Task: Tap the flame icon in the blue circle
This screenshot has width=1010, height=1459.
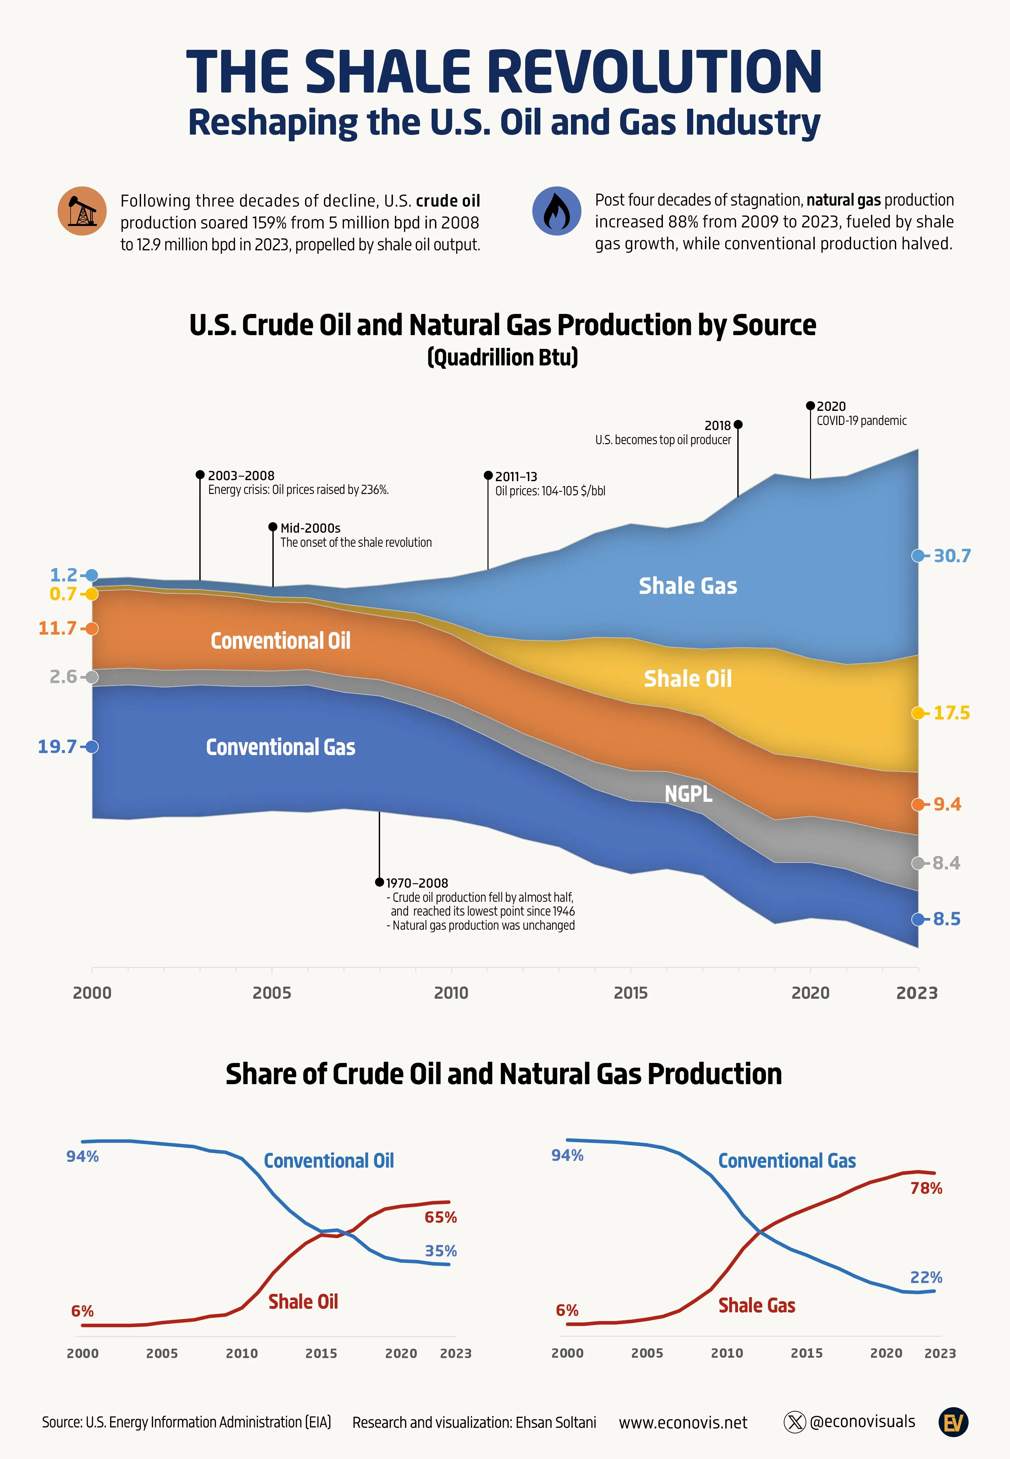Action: point(556,211)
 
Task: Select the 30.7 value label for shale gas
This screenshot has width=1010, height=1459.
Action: point(952,556)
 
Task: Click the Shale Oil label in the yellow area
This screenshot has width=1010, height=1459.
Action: point(688,679)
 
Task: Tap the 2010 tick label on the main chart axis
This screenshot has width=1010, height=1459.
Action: point(451,993)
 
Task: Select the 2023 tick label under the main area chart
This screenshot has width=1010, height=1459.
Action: point(917,993)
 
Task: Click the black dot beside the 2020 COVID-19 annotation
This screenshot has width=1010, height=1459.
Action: point(810,405)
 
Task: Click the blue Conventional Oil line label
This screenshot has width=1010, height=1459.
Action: point(329,1161)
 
